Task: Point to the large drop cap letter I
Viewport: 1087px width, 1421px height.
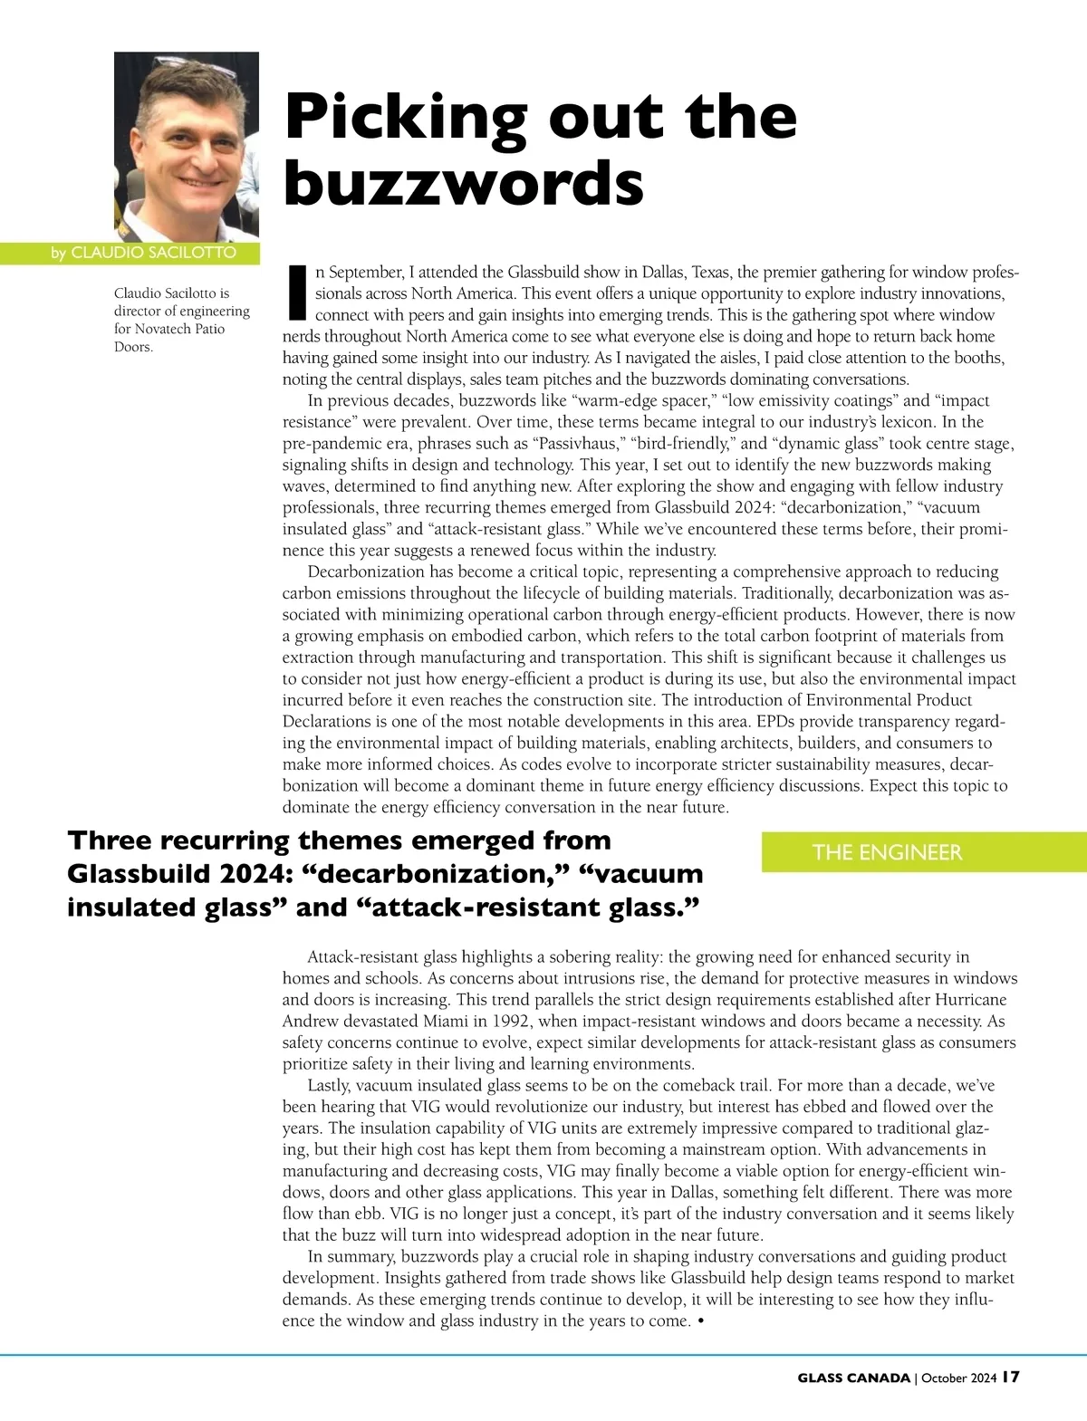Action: [x=295, y=293]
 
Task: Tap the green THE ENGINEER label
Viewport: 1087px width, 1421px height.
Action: [x=887, y=852]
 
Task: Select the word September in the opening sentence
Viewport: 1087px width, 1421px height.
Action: [x=366, y=272]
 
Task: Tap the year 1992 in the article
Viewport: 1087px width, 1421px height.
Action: [x=513, y=1021]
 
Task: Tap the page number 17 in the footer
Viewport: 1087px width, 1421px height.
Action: [x=1011, y=1378]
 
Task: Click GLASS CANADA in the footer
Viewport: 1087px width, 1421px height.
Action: [x=853, y=1378]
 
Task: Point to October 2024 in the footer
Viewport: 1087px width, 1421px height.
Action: [x=958, y=1378]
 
